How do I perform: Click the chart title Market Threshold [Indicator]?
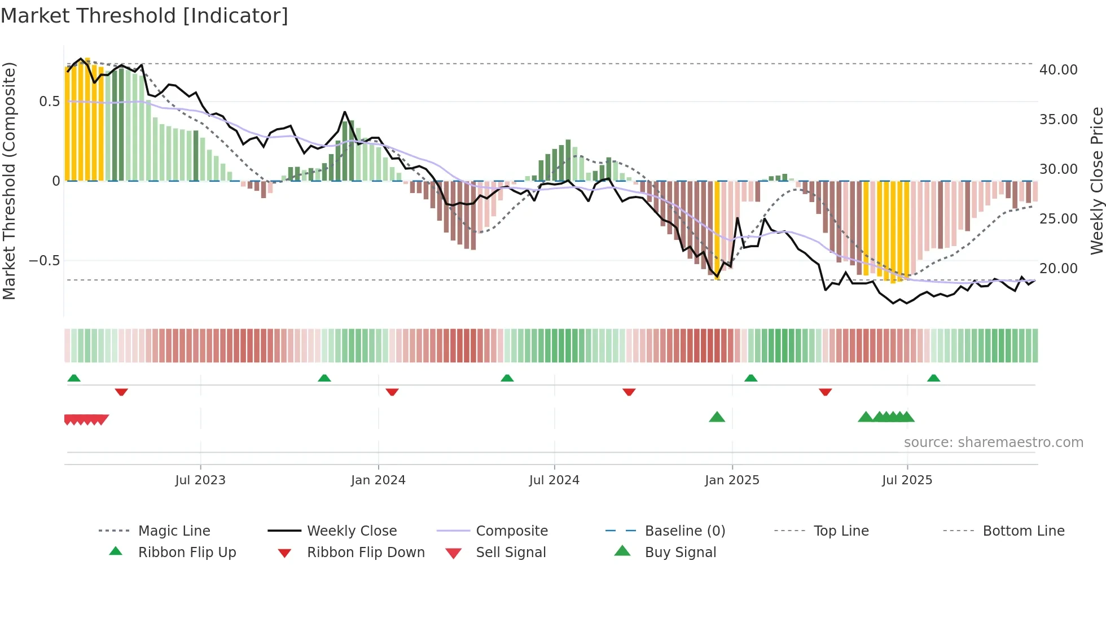tap(144, 16)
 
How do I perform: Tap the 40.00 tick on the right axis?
tap(1058, 70)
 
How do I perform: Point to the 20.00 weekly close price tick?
tap(1058, 269)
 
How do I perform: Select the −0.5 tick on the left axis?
tap(44, 261)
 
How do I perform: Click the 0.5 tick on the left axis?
tap(49, 102)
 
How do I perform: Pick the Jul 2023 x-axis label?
tap(200, 480)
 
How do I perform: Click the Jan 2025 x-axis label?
tap(732, 480)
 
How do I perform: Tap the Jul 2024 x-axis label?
tap(554, 480)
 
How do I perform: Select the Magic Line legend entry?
tap(174, 531)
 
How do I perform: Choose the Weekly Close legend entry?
tap(352, 531)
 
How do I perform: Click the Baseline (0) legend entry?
tap(684, 531)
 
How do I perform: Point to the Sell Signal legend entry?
tap(511, 553)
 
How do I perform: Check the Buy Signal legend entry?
tap(680, 553)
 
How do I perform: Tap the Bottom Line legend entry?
tap(1023, 531)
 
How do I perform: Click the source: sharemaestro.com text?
tap(993, 443)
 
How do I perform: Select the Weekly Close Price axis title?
tap(1096, 181)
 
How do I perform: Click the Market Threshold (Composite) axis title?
tap(9, 181)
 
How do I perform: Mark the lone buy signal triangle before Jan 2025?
tap(717, 417)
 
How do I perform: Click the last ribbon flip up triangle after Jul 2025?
tap(933, 378)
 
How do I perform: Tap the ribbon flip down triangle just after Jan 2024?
tap(392, 392)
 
